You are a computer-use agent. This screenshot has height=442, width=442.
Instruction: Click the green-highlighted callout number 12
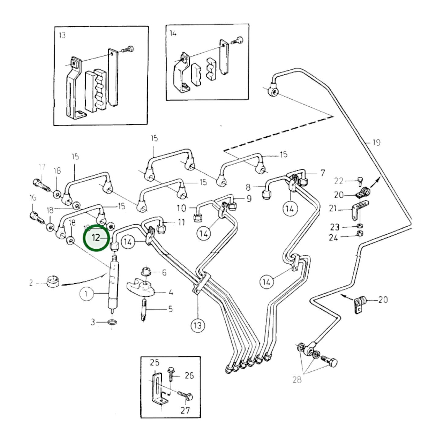click(96, 238)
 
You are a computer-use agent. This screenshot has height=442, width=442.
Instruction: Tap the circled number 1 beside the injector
click(86, 294)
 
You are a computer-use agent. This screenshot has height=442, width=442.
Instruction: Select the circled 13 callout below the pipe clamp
click(198, 325)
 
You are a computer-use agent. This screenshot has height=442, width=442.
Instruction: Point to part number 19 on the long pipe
click(376, 143)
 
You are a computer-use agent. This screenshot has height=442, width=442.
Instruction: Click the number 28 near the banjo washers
click(297, 380)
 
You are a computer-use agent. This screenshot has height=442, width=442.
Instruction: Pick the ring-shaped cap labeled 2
click(53, 282)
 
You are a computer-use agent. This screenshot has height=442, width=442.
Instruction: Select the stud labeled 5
click(143, 310)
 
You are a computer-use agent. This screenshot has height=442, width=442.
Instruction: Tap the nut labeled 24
click(360, 234)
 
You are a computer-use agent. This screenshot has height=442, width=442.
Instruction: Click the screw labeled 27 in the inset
click(184, 396)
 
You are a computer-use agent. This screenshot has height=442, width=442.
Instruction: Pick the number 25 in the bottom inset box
click(154, 362)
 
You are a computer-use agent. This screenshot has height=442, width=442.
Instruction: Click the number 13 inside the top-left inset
click(62, 35)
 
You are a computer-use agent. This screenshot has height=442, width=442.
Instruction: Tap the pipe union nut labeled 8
click(266, 194)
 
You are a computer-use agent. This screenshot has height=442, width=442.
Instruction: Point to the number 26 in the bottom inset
click(189, 375)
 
